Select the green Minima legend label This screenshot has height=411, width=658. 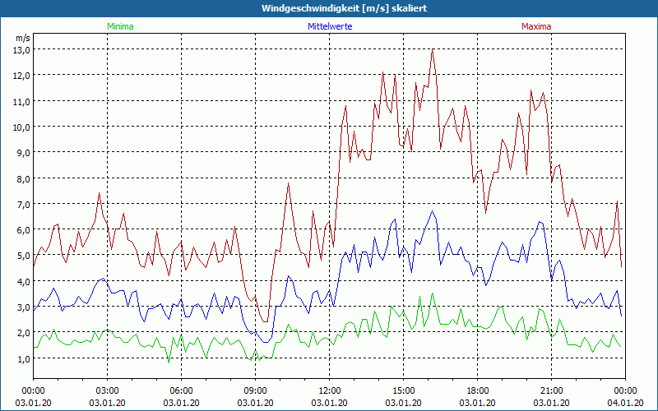tap(119, 26)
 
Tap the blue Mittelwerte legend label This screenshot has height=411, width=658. tap(329, 26)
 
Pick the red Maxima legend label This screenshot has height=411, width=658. tap(535, 26)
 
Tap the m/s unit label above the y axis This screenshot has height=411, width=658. tap(23, 38)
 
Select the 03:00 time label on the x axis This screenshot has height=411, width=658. tap(108, 390)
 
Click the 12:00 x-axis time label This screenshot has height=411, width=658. tap(330, 390)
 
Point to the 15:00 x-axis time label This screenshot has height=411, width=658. tap(404, 390)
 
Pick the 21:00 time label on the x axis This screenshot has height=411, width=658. tap(552, 390)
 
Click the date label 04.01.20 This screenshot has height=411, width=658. tap(625, 403)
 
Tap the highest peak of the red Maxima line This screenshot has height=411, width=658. tap(432, 50)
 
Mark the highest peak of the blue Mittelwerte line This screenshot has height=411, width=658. tap(432, 211)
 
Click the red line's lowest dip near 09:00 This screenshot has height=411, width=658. tap(264, 321)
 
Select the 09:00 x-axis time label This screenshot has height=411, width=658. tap(256, 390)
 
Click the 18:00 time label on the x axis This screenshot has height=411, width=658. tap(478, 390)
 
